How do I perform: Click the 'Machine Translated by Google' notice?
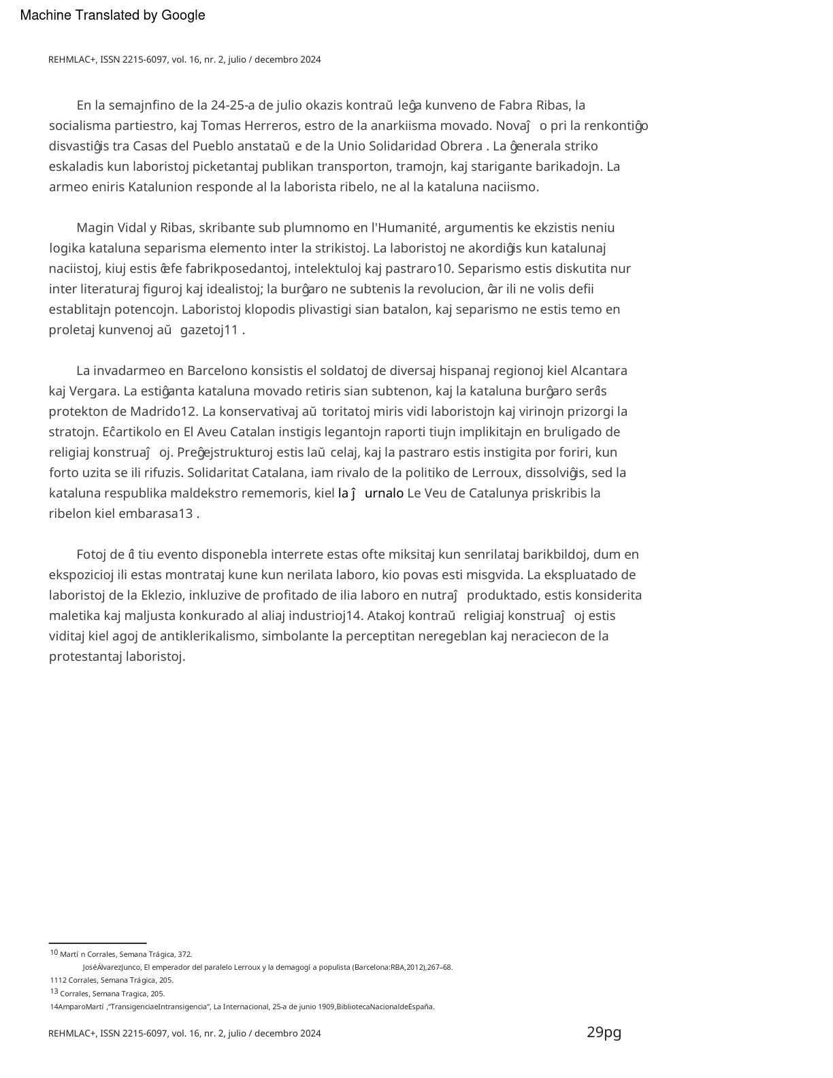tap(112, 16)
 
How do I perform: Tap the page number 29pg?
tap(604, 1032)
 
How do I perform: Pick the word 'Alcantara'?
tap(598, 371)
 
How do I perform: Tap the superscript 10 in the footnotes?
tap(54, 953)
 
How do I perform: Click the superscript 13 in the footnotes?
tap(54, 992)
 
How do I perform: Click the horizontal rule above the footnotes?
tap(98, 943)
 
